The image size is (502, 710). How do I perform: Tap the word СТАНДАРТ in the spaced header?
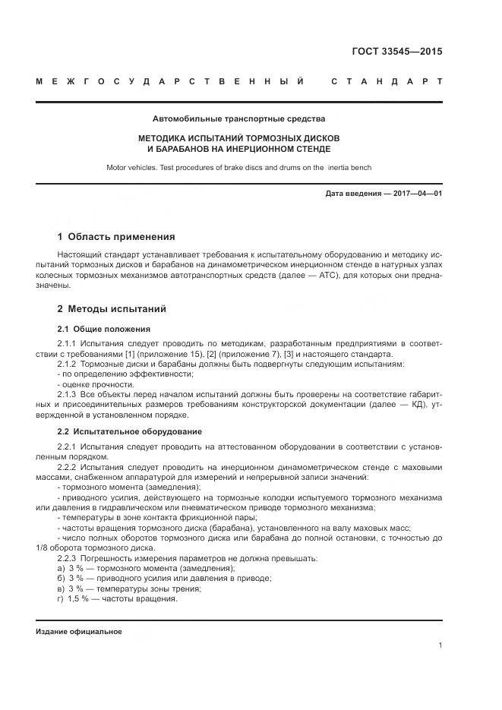pyautogui.click(x=387, y=82)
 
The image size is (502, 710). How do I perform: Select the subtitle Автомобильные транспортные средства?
pyautogui.click(x=238, y=119)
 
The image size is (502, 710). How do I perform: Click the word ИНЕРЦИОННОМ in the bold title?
pyautogui.click(x=255, y=148)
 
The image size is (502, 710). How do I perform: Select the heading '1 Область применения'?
pyautogui.click(x=116, y=236)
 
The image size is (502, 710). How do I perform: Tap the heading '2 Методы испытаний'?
pyautogui.click(x=112, y=309)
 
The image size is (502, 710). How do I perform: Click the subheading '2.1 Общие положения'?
pyautogui.click(x=103, y=329)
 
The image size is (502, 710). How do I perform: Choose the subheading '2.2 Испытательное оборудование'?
pyautogui.click(x=129, y=431)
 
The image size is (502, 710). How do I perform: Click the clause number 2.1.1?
pyautogui.click(x=68, y=344)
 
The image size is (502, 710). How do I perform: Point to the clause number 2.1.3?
pyautogui.click(x=68, y=395)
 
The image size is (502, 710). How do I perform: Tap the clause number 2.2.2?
pyautogui.click(x=68, y=467)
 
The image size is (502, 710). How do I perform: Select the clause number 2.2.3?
pyautogui.click(x=68, y=558)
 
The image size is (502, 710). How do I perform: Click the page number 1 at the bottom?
pyautogui.click(x=440, y=645)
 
